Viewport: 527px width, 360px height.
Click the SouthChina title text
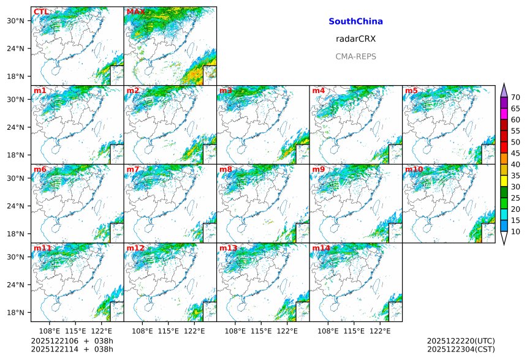[355, 21]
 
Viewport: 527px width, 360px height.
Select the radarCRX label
[355, 39]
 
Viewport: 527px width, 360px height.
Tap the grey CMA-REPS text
[355, 56]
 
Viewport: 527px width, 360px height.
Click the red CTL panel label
[41, 12]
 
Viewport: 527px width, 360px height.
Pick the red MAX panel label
[135, 12]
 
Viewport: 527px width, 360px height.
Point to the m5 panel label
[411, 91]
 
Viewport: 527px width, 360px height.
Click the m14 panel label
[320, 248]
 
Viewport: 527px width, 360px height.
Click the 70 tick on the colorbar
[515, 97]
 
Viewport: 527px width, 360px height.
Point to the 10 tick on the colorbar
[515, 231]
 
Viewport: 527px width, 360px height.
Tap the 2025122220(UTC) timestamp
[461, 341]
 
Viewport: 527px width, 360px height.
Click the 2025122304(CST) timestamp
[461, 349]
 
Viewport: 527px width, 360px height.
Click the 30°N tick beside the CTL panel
[20, 21]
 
